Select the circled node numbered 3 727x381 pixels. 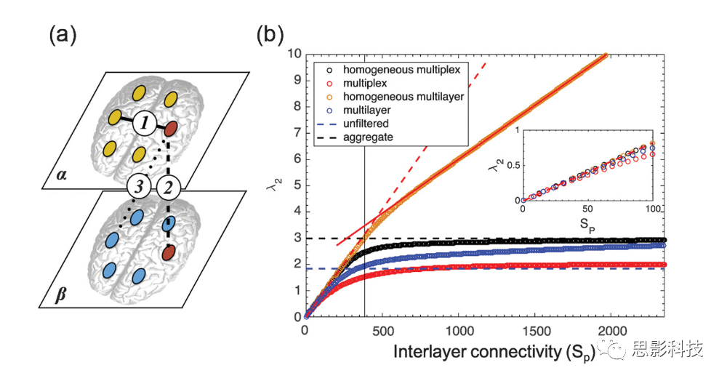click(139, 188)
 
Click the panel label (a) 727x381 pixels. click(63, 34)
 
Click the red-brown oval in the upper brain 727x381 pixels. click(172, 130)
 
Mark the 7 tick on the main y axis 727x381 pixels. click(295, 133)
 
